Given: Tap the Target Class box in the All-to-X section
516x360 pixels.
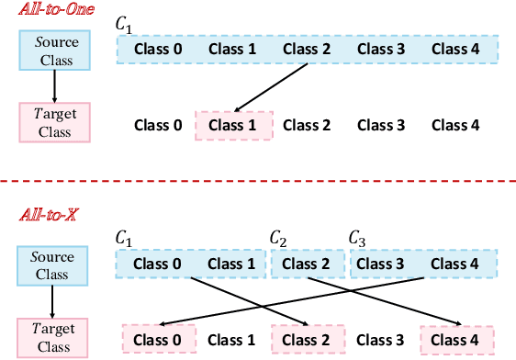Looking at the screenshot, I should (54, 334).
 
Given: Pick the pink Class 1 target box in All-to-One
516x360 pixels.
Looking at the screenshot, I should (233, 124).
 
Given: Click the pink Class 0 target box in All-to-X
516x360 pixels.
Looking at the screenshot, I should (158, 339).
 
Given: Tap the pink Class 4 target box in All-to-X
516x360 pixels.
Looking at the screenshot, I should (456, 339).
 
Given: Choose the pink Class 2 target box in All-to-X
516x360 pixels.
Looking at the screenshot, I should (307, 339).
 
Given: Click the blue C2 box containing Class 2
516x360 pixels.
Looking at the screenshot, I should (307, 264).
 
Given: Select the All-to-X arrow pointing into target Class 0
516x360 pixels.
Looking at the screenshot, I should (294, 300).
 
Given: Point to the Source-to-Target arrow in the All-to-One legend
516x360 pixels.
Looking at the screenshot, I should (54, 86).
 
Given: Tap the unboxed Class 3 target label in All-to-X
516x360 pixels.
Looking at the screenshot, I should (381, 340).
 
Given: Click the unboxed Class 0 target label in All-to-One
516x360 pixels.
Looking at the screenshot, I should (158, 125).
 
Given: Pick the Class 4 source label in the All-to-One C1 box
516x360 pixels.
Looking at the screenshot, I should (456, 49).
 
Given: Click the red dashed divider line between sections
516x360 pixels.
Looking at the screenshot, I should (258, 180).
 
